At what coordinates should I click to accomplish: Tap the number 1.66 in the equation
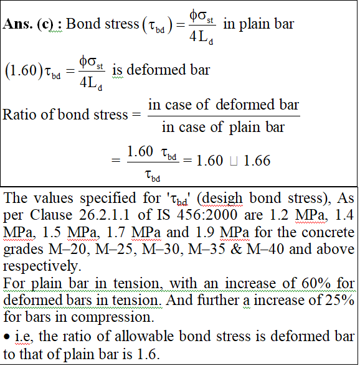point(257,161)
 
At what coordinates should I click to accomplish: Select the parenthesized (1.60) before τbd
point(24,70)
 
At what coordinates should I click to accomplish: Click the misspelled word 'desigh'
point(222,199)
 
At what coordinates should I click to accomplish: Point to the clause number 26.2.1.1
point(104,215)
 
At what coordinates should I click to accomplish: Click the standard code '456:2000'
point(207,215)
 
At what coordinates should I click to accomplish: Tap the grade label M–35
point(207,249)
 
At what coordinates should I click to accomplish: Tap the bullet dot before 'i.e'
point(7,337)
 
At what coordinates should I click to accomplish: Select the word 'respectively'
point(42,266)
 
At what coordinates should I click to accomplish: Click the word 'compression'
point(112,317)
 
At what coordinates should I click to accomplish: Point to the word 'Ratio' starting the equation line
point(20,115)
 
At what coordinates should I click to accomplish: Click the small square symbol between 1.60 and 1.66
point(234,161)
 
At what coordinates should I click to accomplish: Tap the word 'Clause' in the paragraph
point(51,215)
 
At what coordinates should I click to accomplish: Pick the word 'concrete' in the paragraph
point(327,232)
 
